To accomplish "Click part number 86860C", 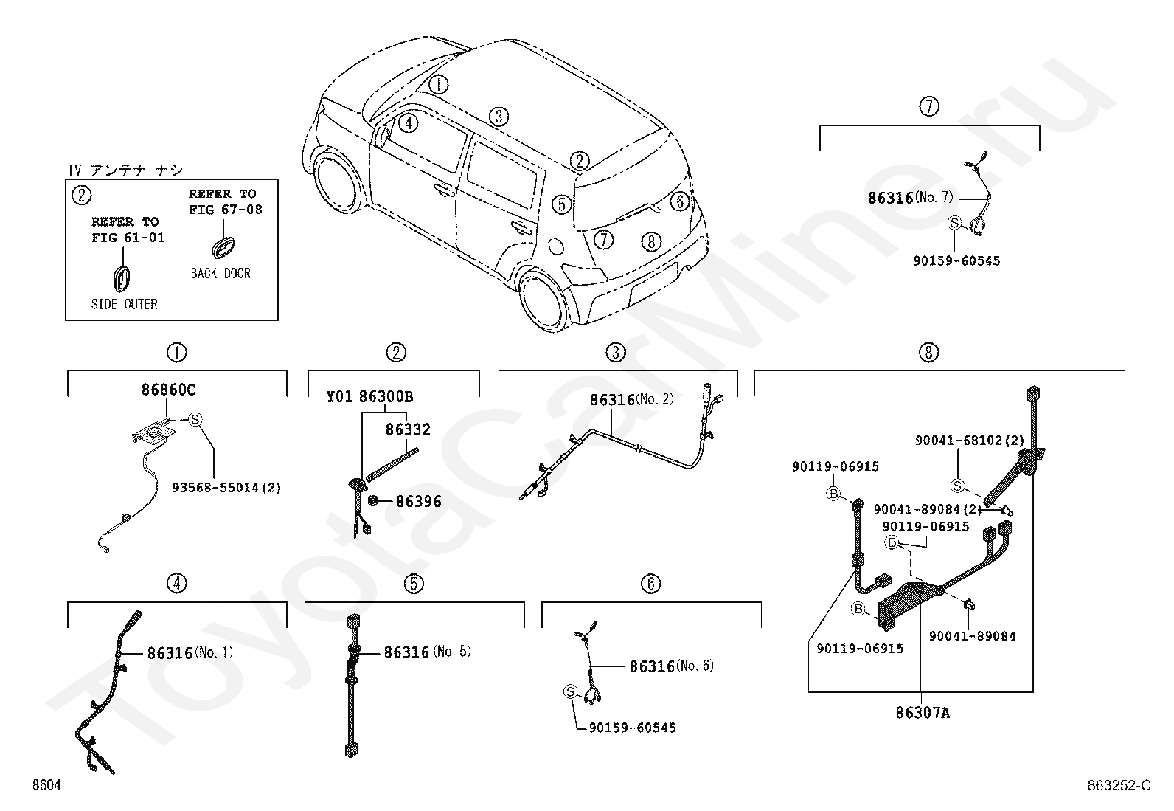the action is (x=168, y=390).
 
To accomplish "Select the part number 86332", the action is (x=408, y=429).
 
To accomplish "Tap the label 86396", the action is (x=418, y=502).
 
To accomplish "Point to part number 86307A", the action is (x=923, y=713).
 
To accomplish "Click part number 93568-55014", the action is (x=215, y=488).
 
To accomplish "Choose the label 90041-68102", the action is (x=959, y=441).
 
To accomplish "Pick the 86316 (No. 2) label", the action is (x=631, y=400).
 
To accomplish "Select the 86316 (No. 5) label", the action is (x=427, y=652).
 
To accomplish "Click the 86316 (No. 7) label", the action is (x=911, y=198).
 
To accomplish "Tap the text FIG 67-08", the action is (x=226, y=210).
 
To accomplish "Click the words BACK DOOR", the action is (x=220, y=273).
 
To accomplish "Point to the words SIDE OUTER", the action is (x=124, y=304).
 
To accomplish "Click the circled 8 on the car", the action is (x=651, y=241).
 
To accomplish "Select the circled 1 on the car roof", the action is (x=438, y=84).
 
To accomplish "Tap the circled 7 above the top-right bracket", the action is (x=929, y=106).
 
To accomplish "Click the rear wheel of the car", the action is (x=543, y=300).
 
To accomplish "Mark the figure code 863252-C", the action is (x=1119, y=785).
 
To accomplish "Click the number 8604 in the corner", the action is (x=46, y=785).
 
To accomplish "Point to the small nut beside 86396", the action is (x=372, y=500).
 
